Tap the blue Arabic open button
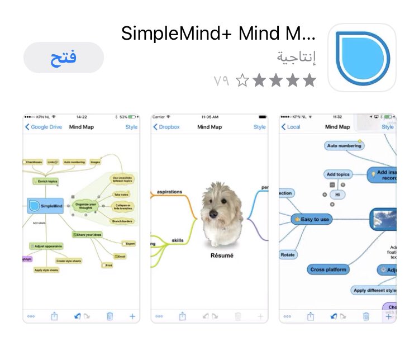(64, 58)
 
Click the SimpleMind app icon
(361, 58)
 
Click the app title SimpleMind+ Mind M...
(218, 34)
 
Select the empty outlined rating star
(241, 81)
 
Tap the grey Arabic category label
(296, 57)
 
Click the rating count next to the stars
(222, 81)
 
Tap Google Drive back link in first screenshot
(44, 127)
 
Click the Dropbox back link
(166, 127)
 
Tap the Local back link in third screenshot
(291, 127)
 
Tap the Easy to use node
(312, 220)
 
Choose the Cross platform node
(328, 269)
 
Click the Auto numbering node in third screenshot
(344, 145)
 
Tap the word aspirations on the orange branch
(169, 192)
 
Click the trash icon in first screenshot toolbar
(109, 316)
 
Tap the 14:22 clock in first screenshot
(82, 117)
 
